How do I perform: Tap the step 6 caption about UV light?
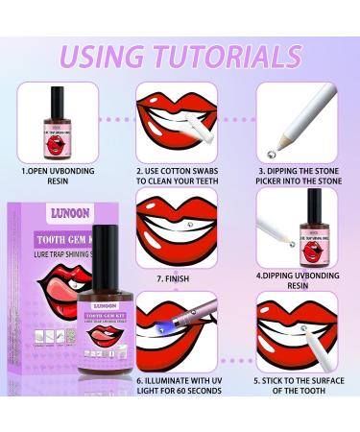point(180,399)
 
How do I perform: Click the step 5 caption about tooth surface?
point(302,399)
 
